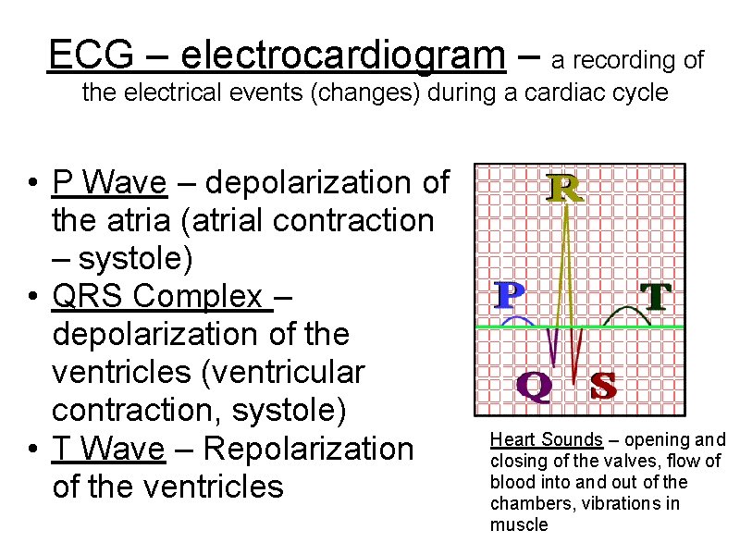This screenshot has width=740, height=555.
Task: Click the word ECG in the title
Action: click(84, 55)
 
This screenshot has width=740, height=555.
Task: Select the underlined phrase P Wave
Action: click(110, 182)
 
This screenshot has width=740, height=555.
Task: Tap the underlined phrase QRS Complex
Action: click(163, 297)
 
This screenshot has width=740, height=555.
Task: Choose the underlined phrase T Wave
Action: click(109, 449)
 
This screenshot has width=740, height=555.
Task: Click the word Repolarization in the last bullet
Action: click(308, 449)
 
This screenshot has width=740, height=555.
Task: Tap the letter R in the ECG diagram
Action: click(564, 190)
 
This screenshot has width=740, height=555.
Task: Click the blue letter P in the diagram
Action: click(509, 296)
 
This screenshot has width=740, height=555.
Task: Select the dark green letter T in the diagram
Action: click(655, 296)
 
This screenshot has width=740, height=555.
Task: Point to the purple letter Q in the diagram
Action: click(534, 387)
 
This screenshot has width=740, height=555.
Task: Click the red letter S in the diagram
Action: click(603, 386)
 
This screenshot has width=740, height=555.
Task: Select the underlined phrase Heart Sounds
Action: click(546, 440)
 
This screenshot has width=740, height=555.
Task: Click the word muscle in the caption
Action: click(519, 525)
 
